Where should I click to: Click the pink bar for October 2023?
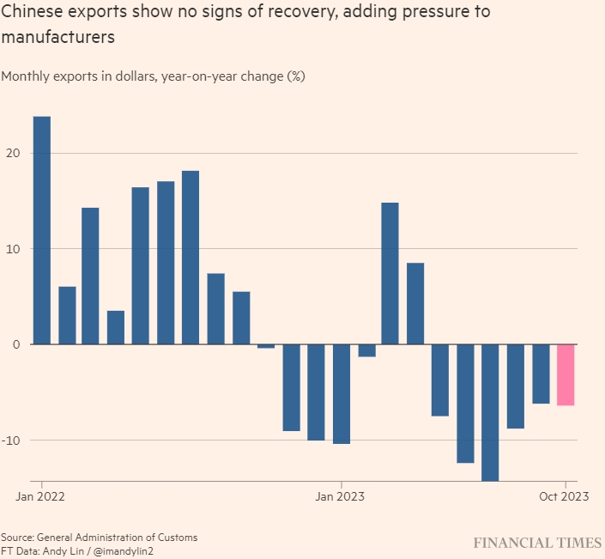click(566, 374)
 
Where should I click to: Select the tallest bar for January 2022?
click(41, 230)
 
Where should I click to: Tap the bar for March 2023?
click(390, 273)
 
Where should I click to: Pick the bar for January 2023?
click(341, 393)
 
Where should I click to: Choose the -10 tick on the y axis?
click(13, 441)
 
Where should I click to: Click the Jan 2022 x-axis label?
click(41, 496)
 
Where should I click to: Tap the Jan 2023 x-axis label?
click(341, 496)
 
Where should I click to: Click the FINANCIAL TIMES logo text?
click(538, 544)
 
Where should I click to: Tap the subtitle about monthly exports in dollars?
click(154, 76)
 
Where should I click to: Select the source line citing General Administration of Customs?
click(99, 538)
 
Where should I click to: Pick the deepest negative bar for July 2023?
click(490, 412)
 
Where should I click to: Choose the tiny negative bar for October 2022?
click(266, 346)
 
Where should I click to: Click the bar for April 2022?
click(116, 327)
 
